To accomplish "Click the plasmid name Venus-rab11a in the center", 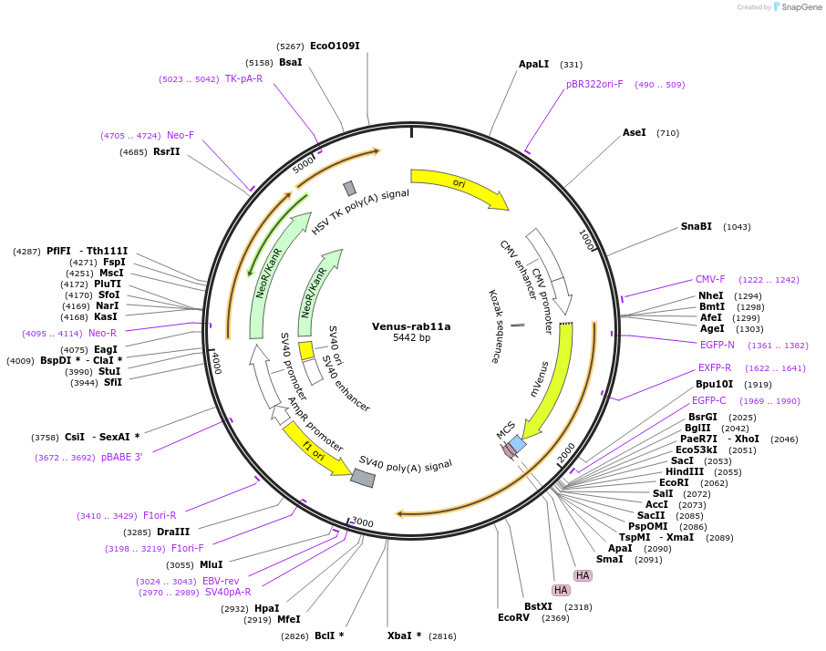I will click(x=411, y=326).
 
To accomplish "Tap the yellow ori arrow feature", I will click(x=459, y=185).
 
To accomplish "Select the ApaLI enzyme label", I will click(x=534, y=65).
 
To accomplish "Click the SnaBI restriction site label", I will click(x=697, y=227).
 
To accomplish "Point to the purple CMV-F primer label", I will click(x=710, y=280).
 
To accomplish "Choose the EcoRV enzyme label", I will click(x=513, y=618).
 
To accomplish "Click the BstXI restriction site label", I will click(x=538, y=606).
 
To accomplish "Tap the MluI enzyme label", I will click(x=212, y=565).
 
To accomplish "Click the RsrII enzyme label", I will click(x=167, y=152).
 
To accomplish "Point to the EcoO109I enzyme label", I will click(x=335, y=46).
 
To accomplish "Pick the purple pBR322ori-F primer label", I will click(x=594, y=85).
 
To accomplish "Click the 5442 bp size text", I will click(x=411, y=338).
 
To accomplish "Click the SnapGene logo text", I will click(x=800, y=7).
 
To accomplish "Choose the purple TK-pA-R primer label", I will click(x=243, y=79).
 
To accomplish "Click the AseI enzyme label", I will click(x=635, y=133).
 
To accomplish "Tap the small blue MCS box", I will click(x=517, y=444).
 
